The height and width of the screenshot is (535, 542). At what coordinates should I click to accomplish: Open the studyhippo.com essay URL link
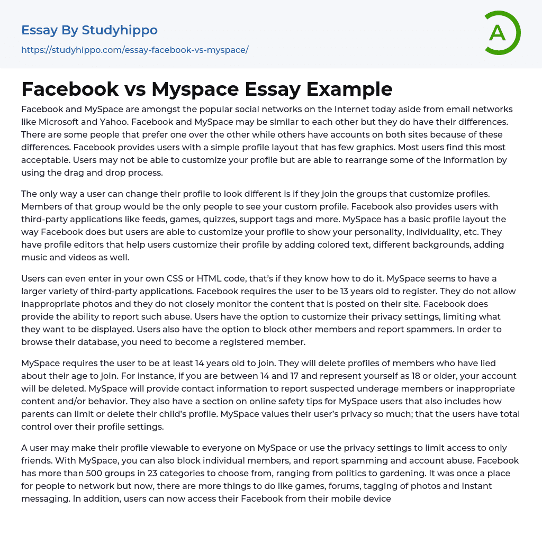[x=134, y=50]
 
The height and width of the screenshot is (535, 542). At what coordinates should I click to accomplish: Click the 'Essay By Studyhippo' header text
[x=89, y=30]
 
